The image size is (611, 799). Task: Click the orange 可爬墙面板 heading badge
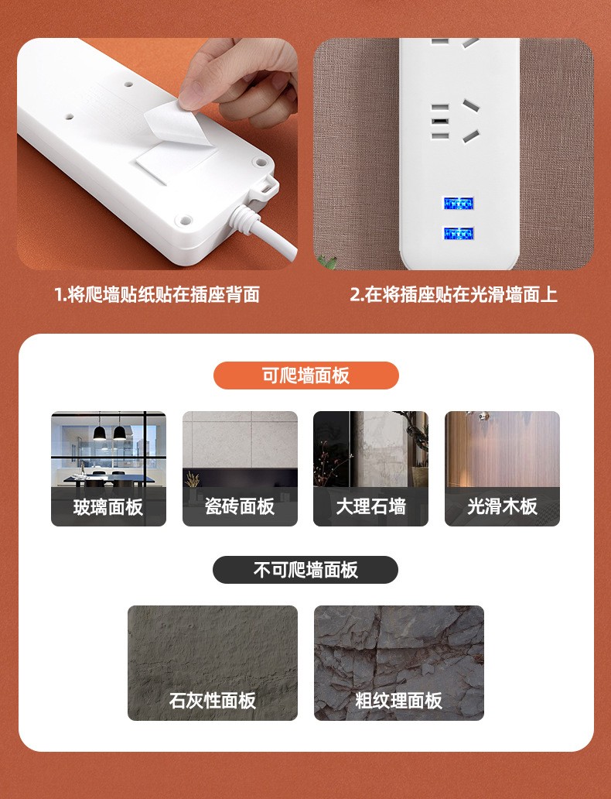click(x=305, y=375)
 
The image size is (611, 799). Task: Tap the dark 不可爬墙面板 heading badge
click(x=305, y=570)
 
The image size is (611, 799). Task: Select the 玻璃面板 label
click(x=108, y=507)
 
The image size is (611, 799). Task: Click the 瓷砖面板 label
click(x=240, y=506)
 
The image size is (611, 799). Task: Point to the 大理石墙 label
click(x=370, y=506)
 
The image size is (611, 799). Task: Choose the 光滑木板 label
click(x=502, y=506)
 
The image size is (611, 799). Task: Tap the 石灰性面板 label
click(x=213, y=701)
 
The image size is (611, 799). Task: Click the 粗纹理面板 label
click(x=398, y=701)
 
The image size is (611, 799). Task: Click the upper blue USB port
click(x=459, y=203)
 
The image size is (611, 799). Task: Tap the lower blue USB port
click(x=459, y=234)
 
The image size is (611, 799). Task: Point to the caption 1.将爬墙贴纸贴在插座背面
click(x=157, y=294)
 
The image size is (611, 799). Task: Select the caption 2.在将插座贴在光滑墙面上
click(x=454, y=294)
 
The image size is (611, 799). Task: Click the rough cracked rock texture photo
click(x=398, y=663)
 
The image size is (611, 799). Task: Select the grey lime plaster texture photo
click(x=213, y=663)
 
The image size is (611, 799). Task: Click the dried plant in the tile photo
click(x=193, y=480)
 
